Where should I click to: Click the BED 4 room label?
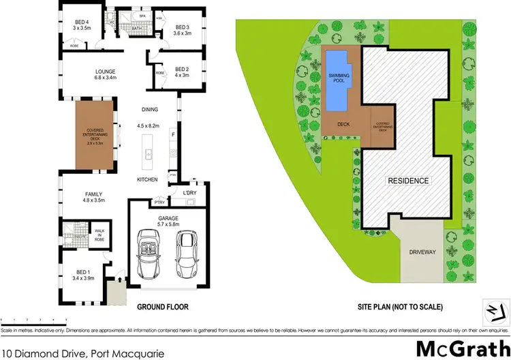pos(82,22)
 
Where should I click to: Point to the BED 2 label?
pos(183,69)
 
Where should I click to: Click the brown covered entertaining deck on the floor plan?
pos(95,136)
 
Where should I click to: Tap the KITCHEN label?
pos(147,179)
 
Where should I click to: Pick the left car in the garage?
pos(149,250)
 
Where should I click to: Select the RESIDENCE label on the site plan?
pos(409,181)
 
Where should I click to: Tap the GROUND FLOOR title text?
pos(163,307)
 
